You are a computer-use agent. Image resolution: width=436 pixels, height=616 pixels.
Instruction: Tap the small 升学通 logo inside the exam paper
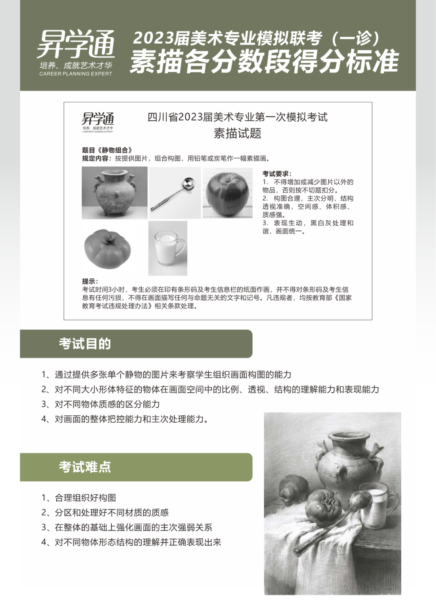[98, 119]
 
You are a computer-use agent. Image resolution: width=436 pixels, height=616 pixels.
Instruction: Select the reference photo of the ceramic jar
[114, 193]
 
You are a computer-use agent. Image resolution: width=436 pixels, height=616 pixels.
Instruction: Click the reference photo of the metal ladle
[175, 193]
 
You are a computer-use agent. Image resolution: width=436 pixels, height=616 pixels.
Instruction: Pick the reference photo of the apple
[227, 193]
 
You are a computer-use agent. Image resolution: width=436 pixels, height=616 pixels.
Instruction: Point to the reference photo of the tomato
[107, 248]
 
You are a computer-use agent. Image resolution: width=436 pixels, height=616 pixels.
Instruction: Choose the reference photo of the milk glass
[168, 248]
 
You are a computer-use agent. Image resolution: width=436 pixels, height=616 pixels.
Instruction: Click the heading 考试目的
[85, 344]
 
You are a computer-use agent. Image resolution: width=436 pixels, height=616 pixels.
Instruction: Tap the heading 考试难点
[85, 467]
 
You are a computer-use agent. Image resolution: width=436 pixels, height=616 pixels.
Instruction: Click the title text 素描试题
[237, 133]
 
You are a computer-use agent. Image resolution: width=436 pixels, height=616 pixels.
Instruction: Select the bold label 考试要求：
[277, 174]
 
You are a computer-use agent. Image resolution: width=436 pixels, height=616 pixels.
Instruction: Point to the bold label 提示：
[90, 281]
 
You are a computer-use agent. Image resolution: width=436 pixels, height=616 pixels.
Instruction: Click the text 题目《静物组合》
[107, 150]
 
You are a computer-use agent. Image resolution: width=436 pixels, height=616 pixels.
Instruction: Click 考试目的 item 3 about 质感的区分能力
[101, 404]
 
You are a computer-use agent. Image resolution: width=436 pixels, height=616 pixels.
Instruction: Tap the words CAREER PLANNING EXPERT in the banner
[75, 74]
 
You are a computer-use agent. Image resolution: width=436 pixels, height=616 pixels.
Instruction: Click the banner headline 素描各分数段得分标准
[264, 62]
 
